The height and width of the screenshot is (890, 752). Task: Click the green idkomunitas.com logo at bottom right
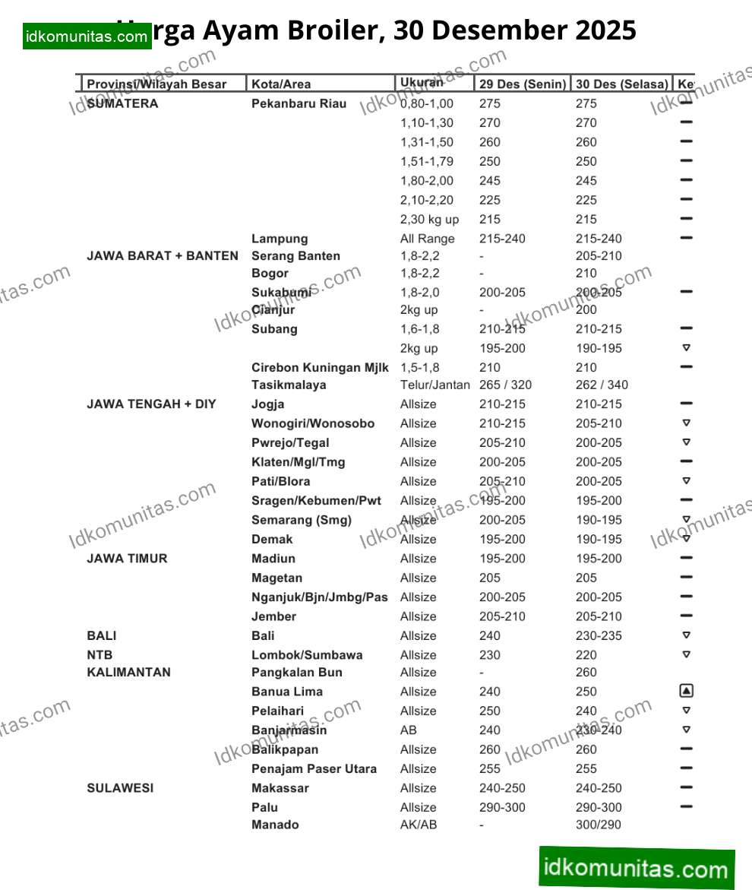pyautogui.click(x=637, y=867)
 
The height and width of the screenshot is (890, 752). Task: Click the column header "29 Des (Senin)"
pyautogui.click(x=523, y=84)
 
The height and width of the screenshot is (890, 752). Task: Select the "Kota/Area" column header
pyautogui.click(x=281, y=84)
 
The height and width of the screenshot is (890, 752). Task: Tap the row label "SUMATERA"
pyautogui.click(x=123, y=103)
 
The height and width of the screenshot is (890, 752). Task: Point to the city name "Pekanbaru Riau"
pyautogui.click(x=299, y=103)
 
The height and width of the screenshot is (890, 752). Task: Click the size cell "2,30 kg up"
pyautogui.click(x=429, y=219)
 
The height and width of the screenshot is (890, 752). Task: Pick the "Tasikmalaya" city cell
pyautogui.click(x=289, y=385)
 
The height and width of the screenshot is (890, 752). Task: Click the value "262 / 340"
pyautogui.click(x=602, y=385)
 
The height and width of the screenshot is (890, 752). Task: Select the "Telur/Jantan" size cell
pyautogui.click(x=434, y=385)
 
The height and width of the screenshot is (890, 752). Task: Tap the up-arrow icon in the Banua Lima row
pyautogui.click(x=686, y=691)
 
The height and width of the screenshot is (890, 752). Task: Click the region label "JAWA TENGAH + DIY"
pyautogui.click(x=151, y=404)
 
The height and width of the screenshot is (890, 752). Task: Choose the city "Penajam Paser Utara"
pyautogui.click(x=314, y=768)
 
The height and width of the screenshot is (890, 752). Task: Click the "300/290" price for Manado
pyautogui.click(x=597, y=825)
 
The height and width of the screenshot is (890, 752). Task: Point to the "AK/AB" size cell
pyautogui.click(x=419, y=825)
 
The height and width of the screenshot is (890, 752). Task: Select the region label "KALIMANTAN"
pyautogui.click(x=128, y=672)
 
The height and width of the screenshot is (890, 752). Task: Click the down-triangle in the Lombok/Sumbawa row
pyautogui.click(x=686, y=654)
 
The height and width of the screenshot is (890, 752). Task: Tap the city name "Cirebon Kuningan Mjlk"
pyautogui.click(x=320, y=367)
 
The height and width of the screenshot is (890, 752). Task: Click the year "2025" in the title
pyautogui.click(x=605, y=30)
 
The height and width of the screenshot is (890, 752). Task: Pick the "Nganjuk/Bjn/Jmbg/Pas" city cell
pyautogui.click(x=319, y=597)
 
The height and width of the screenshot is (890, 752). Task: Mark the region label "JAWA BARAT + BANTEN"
pyautogui.click(x=163, y=255)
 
